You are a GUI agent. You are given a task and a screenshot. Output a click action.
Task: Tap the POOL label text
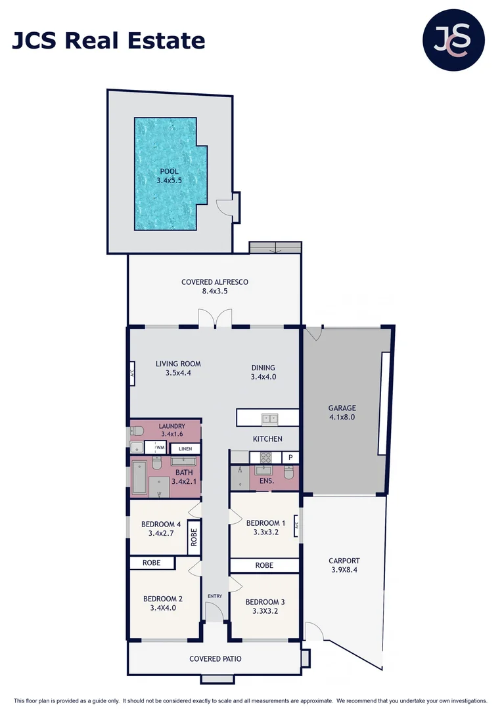click(x=169, y=171)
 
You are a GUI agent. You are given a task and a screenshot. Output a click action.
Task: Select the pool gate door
click(x=226, y=207)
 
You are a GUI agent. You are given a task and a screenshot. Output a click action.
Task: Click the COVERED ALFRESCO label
click(x=215, y=282)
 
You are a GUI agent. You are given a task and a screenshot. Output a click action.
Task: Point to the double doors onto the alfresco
click(x=215, y=318)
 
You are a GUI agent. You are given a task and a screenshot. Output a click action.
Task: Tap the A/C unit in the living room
click(x=132, y=373)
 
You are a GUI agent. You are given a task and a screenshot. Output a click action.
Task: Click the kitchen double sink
click(x=269, y=418)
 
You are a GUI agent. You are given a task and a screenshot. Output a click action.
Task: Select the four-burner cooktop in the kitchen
click(x=266, y=457)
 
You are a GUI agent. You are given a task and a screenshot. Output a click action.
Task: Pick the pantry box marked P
click(x=290, y=457)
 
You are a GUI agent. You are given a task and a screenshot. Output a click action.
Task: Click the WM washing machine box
click(x=159, y=448)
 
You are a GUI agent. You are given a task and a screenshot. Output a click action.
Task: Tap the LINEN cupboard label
click(x=185, y=449)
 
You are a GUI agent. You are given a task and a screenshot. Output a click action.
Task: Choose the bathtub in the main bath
click(x=139, y=478)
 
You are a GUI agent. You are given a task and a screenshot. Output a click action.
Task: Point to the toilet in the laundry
click(x=136, y=431)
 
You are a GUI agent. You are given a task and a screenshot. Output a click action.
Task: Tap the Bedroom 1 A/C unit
click(x=297, y=525)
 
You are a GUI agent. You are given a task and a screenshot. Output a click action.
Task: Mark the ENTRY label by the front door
click(x=214, y=596)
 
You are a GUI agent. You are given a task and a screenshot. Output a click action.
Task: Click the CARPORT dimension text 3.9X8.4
click(x=344, y=570)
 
